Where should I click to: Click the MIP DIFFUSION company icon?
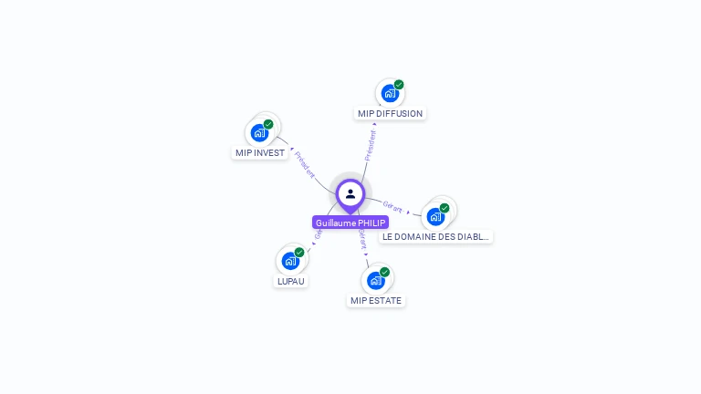coord(390,93)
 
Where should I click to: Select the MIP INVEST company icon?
coord(260,132)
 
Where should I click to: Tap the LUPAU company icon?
coord(290,261)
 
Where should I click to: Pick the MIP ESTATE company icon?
coord(375,280)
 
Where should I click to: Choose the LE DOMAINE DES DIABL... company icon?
coord(435,216)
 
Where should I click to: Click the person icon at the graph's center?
coord(350,193)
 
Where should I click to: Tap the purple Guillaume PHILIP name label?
coord(350,223)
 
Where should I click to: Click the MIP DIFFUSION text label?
coord(390,114)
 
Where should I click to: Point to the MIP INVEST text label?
coord(260,153)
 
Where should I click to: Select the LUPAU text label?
coord(290,281)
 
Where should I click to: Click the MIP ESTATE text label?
coord(375,300)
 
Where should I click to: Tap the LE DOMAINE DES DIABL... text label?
coord(435,236)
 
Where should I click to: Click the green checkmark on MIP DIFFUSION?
coord(399,85)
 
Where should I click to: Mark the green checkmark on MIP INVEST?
coord(268,124)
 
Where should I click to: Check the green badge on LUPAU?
coord(299,253)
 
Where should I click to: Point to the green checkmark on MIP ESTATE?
coord(384,272)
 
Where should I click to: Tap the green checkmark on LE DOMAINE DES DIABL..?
coord(445,208)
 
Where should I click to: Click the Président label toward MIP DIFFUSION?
coord(371,145)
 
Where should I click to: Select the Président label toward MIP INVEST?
coord(305,164)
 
